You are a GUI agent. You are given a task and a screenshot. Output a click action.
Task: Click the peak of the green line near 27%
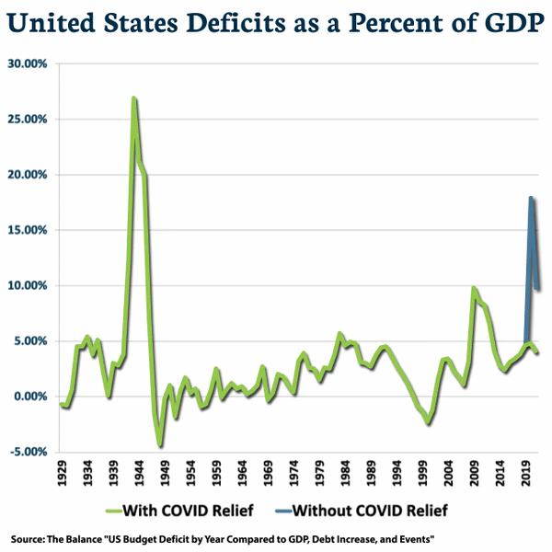[134, 98]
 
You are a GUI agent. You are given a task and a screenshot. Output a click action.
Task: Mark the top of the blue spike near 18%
[531, 197]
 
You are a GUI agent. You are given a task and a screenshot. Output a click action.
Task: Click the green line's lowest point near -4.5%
[160, 446]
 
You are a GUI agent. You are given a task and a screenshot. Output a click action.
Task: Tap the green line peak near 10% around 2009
[473, 288]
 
